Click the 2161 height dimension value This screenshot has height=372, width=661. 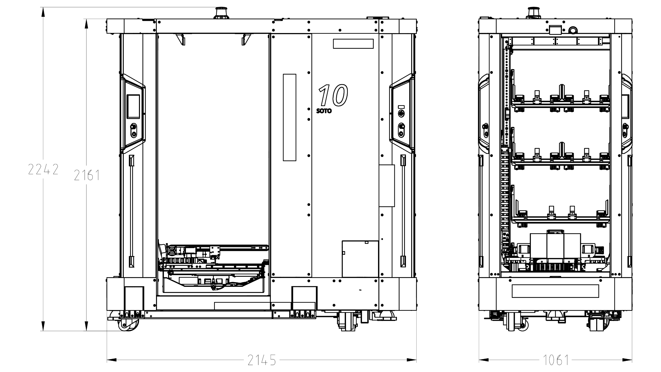point(87,175)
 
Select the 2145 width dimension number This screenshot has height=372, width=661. point(262,360)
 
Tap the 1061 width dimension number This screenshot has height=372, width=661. point(556,360)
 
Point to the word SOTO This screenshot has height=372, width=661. point(324,111)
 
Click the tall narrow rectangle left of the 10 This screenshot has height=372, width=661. point(289,117)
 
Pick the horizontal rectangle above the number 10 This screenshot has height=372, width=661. point(353,44)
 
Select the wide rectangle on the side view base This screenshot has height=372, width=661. point(555,291)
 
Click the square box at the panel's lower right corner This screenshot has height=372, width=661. point(360,259)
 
